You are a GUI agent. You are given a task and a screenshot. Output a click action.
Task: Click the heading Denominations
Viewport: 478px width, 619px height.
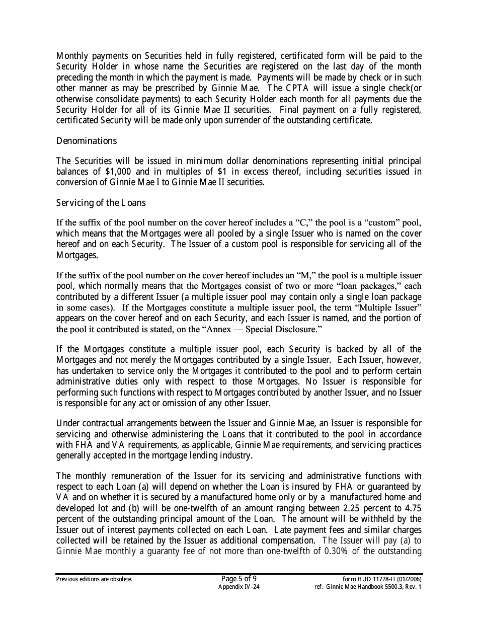(86, 141)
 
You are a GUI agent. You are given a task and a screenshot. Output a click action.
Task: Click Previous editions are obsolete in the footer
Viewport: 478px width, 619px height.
(94, 579)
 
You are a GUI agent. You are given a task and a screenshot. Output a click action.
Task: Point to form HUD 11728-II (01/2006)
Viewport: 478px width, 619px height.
(382, 579)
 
